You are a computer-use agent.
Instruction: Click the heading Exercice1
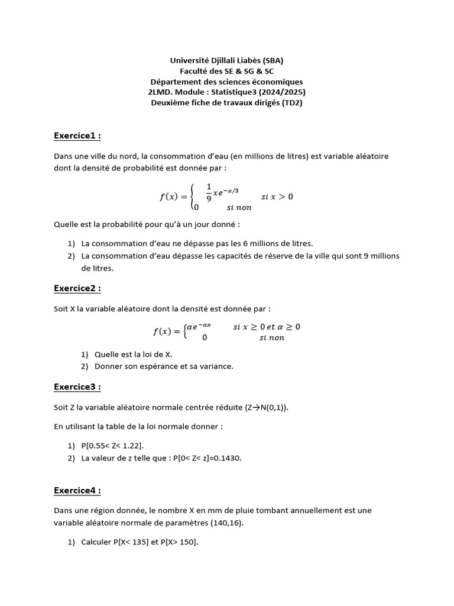coord(77,136)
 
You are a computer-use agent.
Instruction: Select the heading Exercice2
coord(77,288)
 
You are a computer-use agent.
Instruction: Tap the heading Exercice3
coord(77,387)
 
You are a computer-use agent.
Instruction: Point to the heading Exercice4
coord(77,491)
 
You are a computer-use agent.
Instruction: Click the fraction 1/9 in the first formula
coord(209,192)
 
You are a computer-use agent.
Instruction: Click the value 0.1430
coord(230,458)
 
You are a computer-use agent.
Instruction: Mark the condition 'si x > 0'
coord(277,196)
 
